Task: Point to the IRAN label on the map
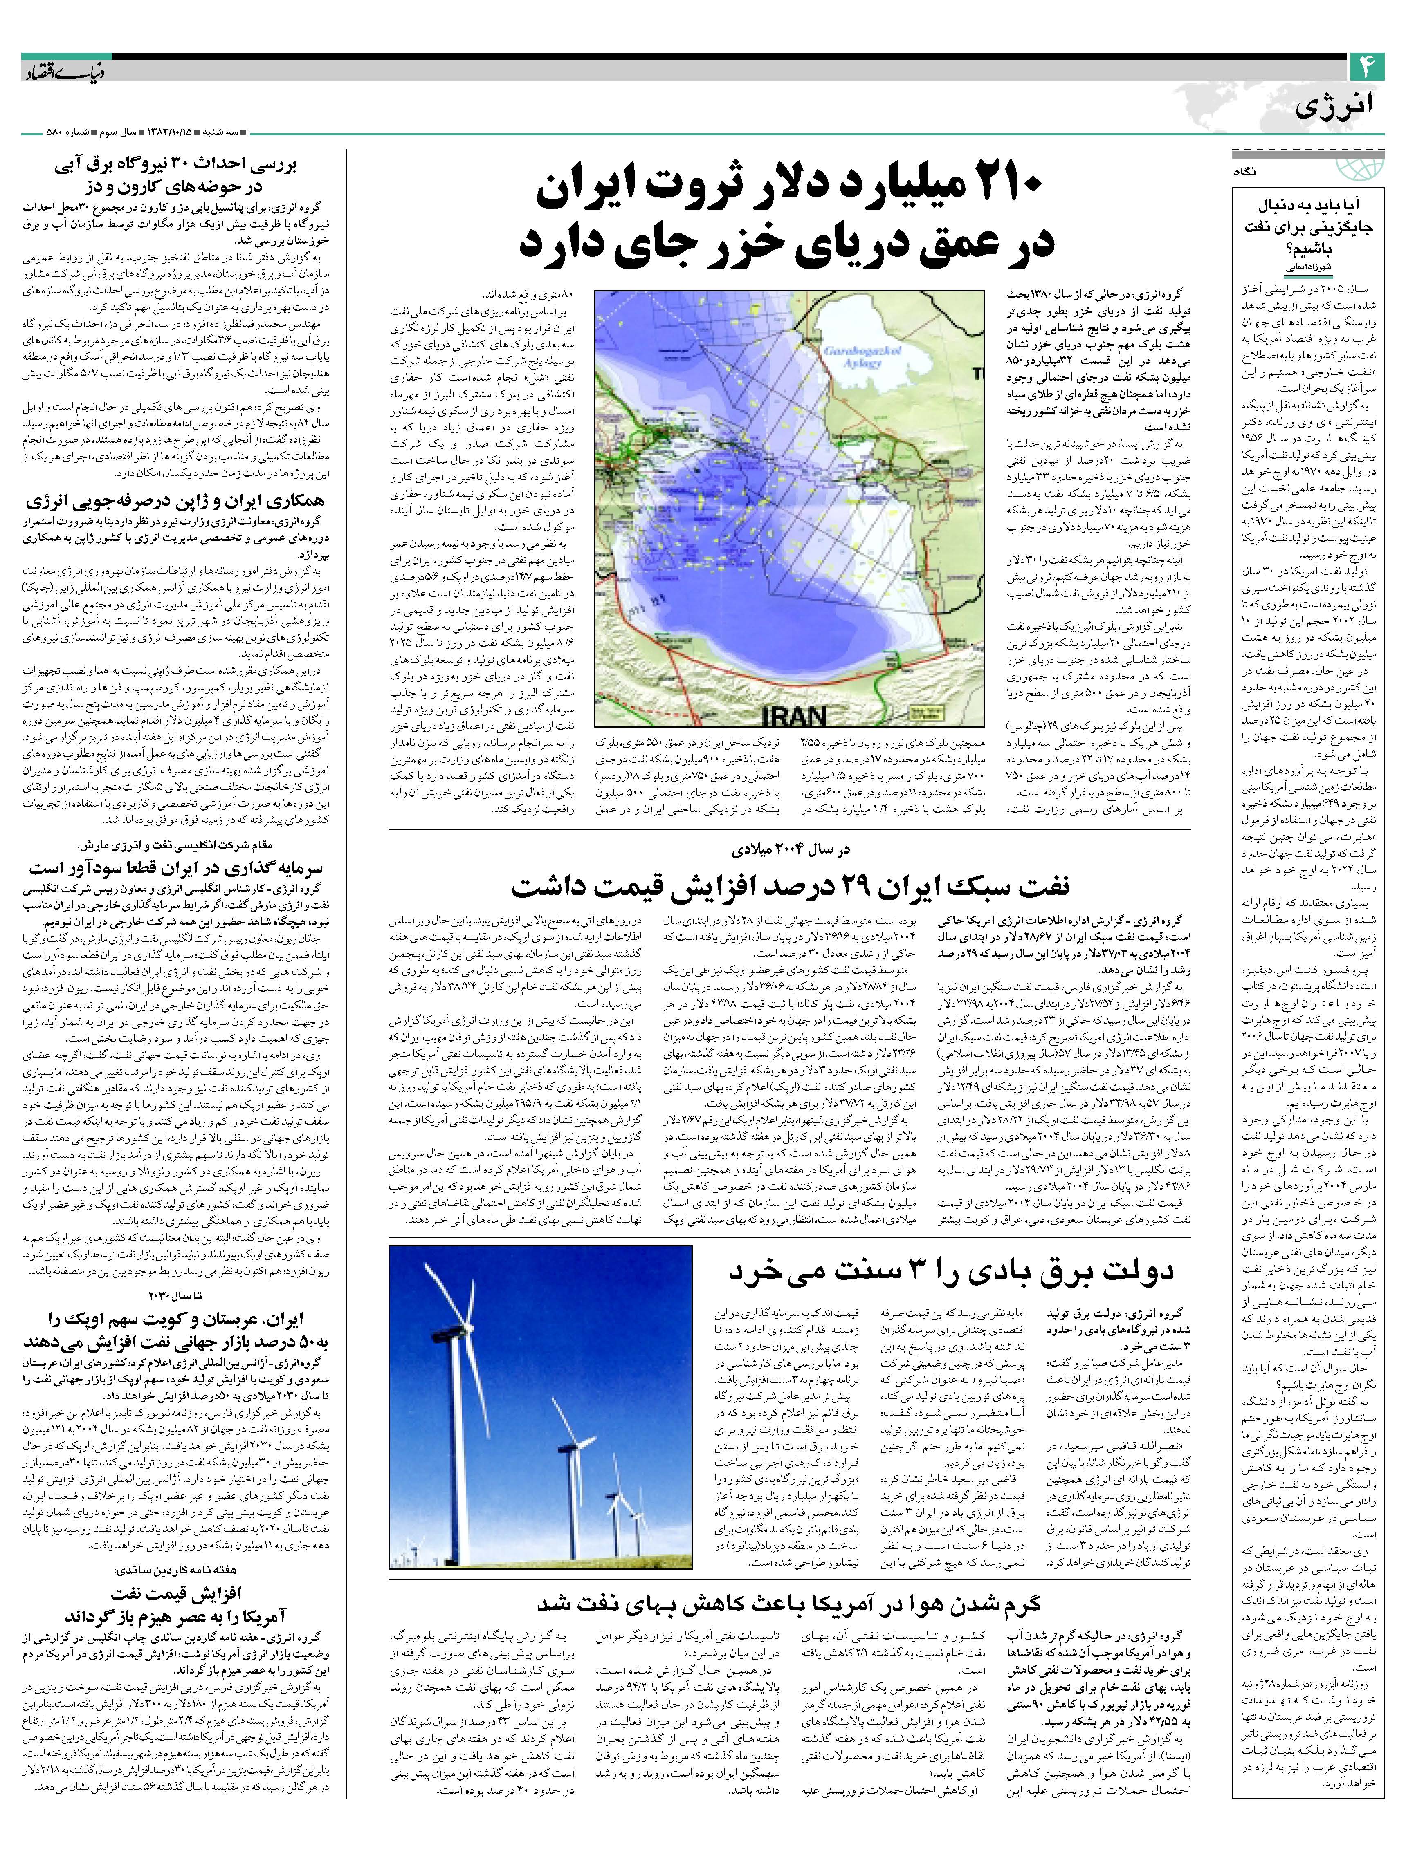pyautogui.click(x=794, y=715)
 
